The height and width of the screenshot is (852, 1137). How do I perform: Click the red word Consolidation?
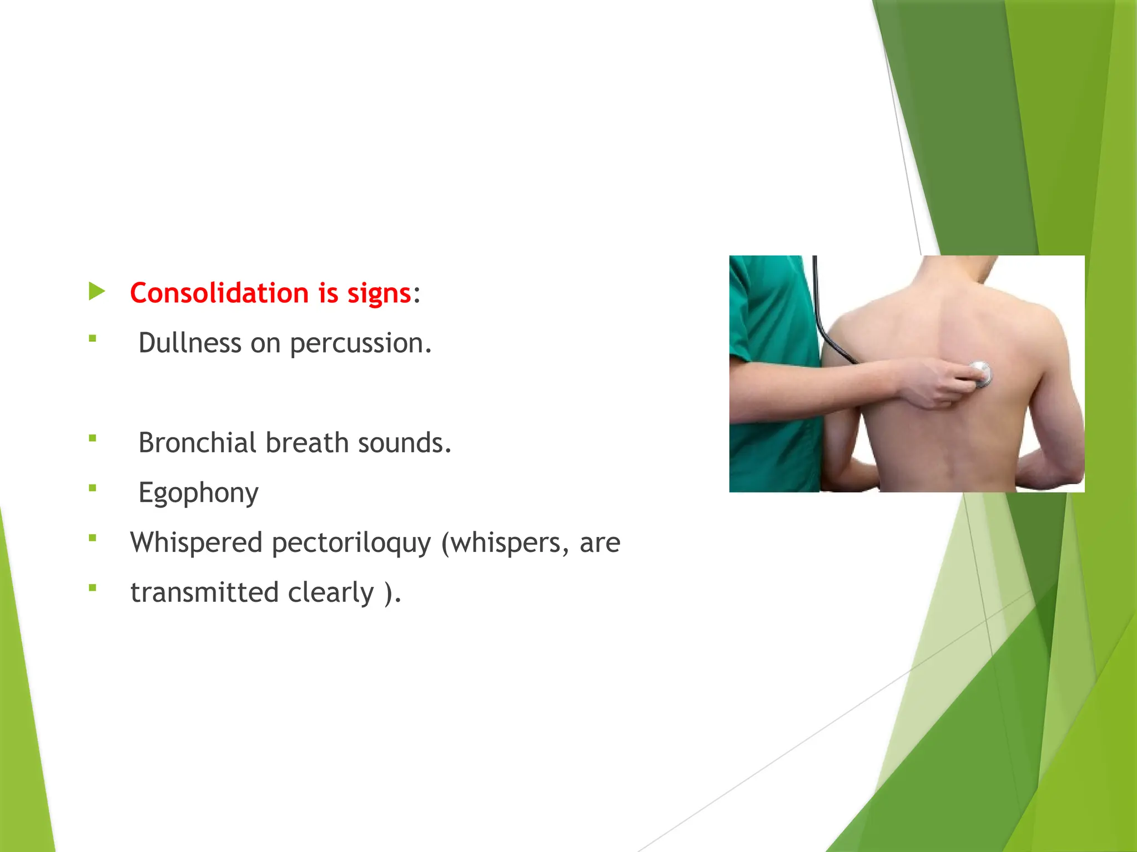(x=219, y=293)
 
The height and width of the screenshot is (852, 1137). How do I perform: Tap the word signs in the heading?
(x=379, y=293)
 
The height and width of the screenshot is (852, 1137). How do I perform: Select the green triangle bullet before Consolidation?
(x=97, y=291)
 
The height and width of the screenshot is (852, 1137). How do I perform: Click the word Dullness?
(x=189, y=343)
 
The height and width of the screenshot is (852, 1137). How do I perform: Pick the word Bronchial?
(x=197, y=443)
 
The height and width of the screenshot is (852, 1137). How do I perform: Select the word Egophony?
(x=198, y=493)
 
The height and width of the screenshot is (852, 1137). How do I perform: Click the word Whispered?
(x=196, y=542)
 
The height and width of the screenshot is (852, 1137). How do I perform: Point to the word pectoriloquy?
(x=351, y=542)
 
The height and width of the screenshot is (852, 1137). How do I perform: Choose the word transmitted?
(x=204, y=592)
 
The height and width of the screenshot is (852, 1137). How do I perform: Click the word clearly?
(x=331, y=592)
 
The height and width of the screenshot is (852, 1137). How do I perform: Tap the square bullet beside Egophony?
(x=93, y=488)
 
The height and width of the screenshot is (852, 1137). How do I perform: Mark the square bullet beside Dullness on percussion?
(x=93, y=338)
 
